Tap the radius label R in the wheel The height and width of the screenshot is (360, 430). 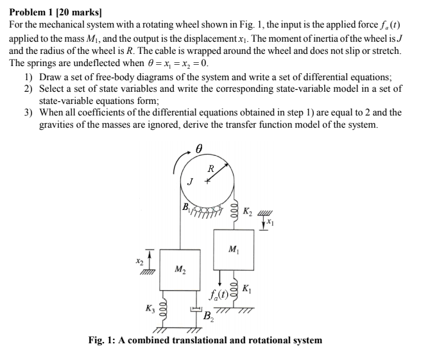[x=211, y=169]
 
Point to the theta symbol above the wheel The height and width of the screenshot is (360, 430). [x=200, y=148]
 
